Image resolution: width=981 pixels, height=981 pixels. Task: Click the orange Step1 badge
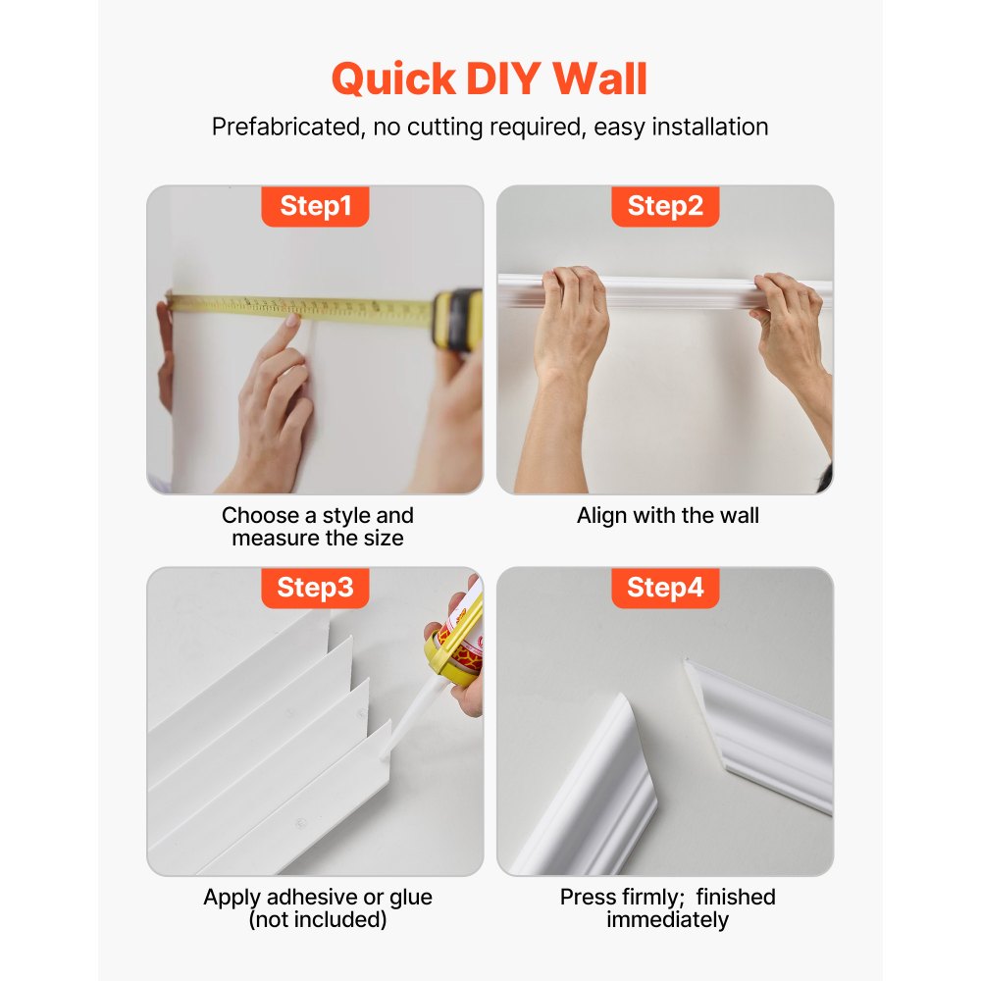[315, 206]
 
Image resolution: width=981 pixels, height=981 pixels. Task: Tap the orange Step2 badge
[665, 206]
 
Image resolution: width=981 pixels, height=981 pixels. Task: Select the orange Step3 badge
[315, 588]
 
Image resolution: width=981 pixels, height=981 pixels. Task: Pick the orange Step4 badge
[665, 588]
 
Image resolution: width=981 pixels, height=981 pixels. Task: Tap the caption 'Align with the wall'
[667, 516]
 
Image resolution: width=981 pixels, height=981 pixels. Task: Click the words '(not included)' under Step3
[317, 920]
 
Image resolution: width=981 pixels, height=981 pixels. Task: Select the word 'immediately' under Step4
[667, 920]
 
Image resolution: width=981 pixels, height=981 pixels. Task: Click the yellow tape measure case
[458, 320]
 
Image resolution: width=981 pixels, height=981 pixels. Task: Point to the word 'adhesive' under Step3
[311, 898]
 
